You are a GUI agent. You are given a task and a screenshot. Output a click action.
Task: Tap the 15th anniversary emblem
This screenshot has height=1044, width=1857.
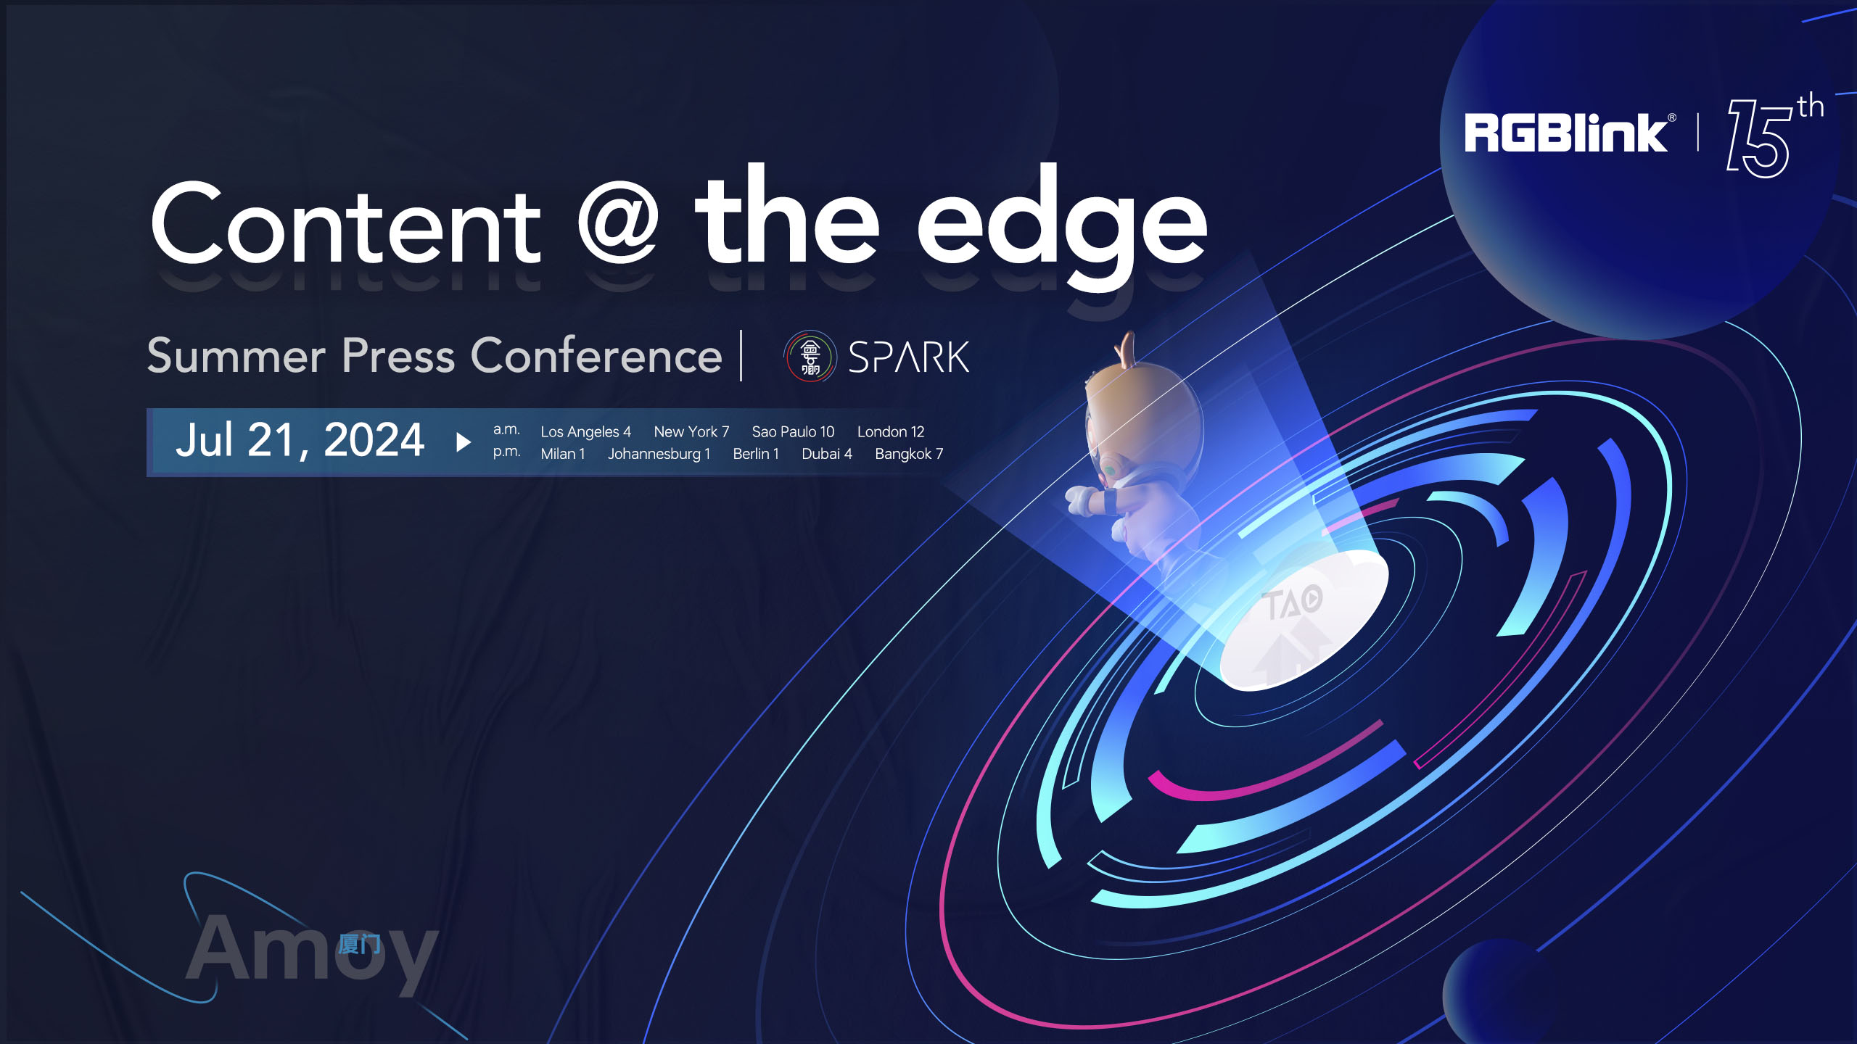click(x=1775, y=136)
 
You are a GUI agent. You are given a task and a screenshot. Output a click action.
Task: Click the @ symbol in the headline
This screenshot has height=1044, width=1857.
click(x=618, y=225)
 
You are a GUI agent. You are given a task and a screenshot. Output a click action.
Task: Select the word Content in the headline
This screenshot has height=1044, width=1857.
click(x=346, y=223)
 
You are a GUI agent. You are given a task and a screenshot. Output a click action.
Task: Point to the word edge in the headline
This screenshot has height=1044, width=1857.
click(x=1062, y=226)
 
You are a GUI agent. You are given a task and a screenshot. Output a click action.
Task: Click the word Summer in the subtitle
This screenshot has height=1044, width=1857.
click(x=236, y=356)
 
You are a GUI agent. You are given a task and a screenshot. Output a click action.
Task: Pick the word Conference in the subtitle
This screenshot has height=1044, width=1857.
click(x=596, y=355)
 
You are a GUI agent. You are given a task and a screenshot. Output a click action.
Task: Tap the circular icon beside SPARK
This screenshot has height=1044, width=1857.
click(x=810, y=356)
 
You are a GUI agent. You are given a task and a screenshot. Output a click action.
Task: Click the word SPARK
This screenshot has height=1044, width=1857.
click(x=908, y=357)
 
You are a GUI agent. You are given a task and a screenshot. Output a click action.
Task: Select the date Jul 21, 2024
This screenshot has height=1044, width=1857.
click(x=300, y=440)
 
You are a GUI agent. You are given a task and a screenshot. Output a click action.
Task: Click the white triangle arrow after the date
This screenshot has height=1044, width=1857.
click(x=464, y=442)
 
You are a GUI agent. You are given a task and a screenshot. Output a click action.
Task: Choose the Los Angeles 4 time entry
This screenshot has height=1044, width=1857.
click(x=585, y=432)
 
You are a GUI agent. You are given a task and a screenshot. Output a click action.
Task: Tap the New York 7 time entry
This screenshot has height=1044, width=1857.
click(x=691, y=432)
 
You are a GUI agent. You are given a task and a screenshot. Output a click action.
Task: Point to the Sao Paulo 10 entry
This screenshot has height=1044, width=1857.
click(x=793, y=432)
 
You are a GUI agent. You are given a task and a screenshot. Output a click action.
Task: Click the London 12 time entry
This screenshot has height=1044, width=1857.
click(x=891, y=432)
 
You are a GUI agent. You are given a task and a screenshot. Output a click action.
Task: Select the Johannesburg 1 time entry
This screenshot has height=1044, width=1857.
click(x=659, y=454)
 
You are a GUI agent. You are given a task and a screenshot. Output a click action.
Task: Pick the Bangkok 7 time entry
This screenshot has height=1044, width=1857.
click(x=909, y=454)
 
